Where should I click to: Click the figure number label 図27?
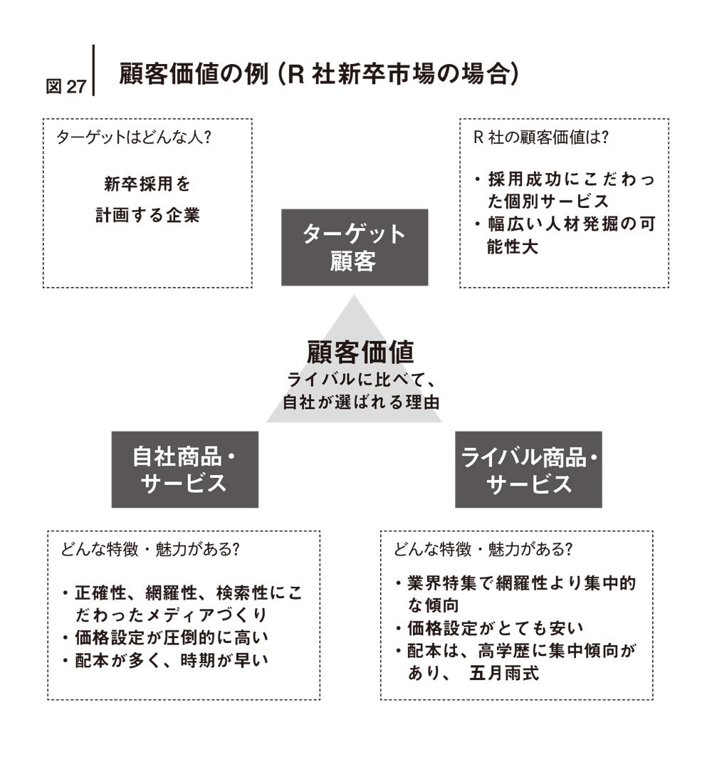point(66,86)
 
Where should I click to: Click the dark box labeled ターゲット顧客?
point(355,247)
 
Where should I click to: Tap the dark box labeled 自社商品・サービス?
point(184,469)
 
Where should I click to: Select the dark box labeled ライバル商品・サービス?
point(528,469)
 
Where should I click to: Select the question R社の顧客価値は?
point(541,137)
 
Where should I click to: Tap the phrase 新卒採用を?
point(147,185)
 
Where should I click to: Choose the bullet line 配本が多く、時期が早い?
point(171,660)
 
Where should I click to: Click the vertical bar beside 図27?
point(93,70)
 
